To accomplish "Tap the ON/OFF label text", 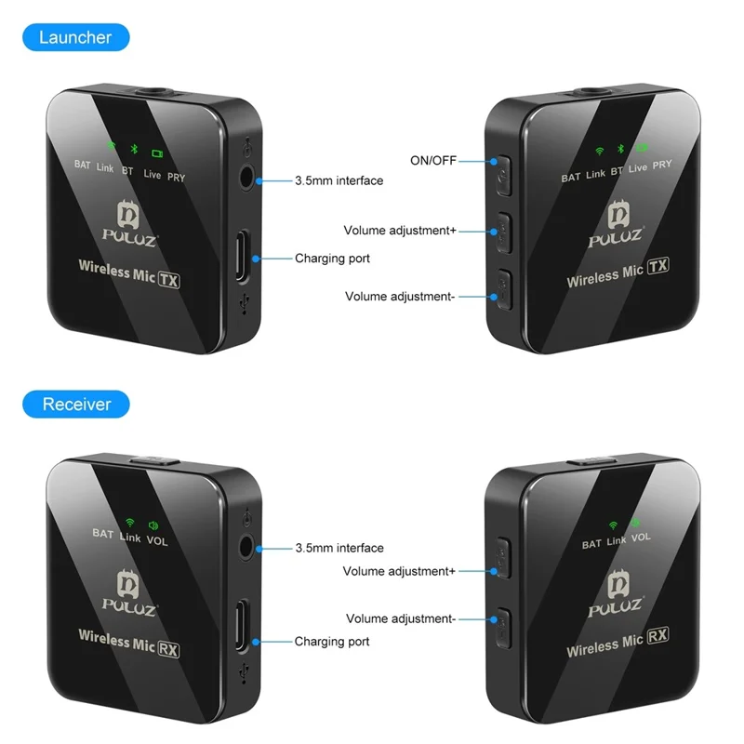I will [433, 160].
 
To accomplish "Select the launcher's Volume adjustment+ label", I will [400, 231].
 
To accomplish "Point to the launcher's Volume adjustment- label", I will [400, 297].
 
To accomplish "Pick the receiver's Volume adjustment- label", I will [401, 618].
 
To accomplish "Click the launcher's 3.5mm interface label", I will [339, 180].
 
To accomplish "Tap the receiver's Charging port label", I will [332, 642].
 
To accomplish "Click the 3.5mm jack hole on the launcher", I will [246, 177].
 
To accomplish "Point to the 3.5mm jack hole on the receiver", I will [246, 546].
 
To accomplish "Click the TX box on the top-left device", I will [168, 278].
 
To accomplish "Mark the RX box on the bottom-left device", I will [168, 649].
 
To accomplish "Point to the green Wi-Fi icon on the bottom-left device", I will [129, 524].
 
